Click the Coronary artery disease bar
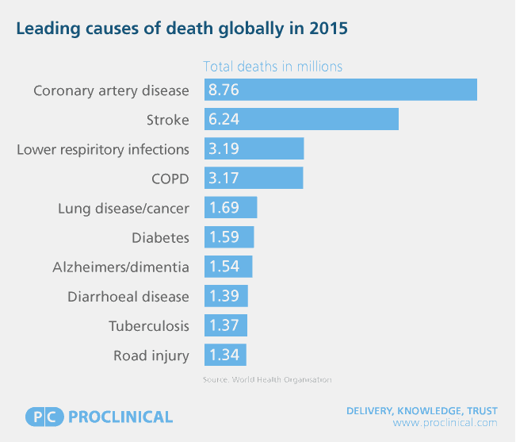tap(341, 90)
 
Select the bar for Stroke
tap(301, 120)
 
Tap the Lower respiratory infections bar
tap(254, 149)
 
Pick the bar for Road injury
tap(225, 355)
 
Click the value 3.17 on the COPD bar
tap(224, 179)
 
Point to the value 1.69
tap(224, 208)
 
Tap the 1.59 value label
tap(224, 237)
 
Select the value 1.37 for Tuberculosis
tap(224, 325)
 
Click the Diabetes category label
tap(160, 237)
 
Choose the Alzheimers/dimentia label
tap(121, 267)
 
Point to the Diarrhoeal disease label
tap(128, 296)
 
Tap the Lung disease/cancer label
tap(124, 208)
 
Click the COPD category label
tap(170, 179)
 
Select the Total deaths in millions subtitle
tap(273, 67)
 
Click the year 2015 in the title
tap(327, 29)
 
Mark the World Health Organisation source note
tap(267, 380)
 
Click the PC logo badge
tap(44, 417)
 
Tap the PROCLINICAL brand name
tap(120, 417)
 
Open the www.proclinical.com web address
tap(445, 423)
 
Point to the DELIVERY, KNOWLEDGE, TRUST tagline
tap(422, 410)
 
